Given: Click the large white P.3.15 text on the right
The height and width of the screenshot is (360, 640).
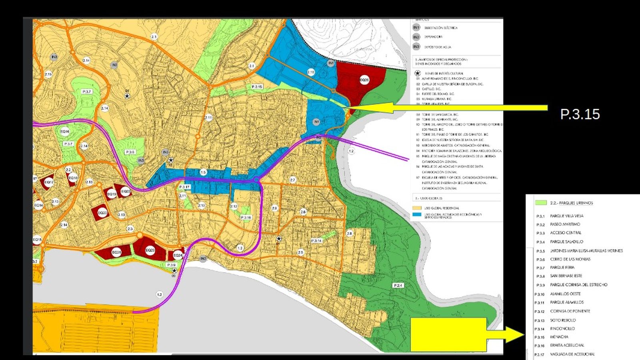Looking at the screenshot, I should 580,114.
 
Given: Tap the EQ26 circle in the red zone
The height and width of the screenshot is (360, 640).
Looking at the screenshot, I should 364,80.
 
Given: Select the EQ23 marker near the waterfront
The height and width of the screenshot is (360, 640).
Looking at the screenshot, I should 150,250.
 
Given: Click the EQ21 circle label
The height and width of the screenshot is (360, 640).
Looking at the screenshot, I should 116,252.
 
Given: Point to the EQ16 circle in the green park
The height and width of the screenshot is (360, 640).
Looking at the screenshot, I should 65,131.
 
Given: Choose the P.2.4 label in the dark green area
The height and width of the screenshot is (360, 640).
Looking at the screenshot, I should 398,286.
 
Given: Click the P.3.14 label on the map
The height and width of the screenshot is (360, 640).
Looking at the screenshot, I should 316,241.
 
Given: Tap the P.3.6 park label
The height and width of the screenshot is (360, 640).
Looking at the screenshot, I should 130,152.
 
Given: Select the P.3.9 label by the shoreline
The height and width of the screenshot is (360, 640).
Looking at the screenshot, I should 171,265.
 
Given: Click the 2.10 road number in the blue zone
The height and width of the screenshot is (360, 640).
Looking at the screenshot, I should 311,72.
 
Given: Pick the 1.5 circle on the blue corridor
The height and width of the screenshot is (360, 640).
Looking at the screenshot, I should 203,172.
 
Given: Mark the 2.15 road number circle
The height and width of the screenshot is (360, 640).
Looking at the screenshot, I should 48,74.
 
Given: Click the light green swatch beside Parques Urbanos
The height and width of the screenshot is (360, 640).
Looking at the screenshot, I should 541,203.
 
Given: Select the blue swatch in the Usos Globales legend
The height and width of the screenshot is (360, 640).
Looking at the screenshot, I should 417,215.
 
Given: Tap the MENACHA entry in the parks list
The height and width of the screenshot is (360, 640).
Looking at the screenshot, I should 559,337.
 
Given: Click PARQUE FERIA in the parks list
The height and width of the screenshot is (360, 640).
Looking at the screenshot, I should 562,267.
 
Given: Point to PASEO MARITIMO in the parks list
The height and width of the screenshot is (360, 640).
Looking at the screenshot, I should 565,224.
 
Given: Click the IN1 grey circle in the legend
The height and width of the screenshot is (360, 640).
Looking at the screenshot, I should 416,28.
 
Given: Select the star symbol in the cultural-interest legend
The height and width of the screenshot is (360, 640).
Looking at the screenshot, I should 418,74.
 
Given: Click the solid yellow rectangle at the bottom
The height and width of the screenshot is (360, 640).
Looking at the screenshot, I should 448,334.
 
